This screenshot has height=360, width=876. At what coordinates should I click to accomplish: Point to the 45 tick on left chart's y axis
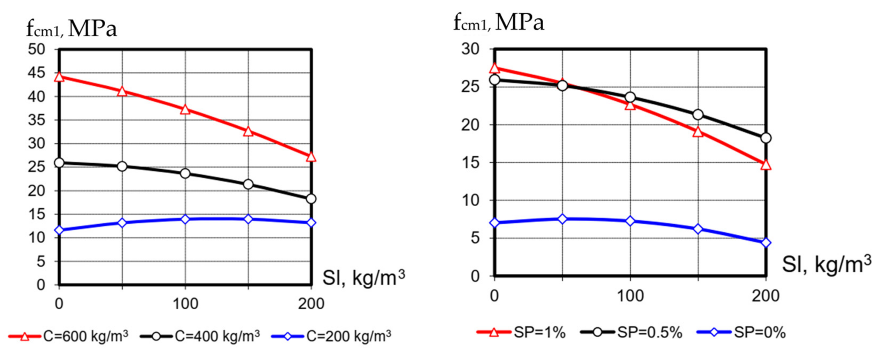[x=36, y=73]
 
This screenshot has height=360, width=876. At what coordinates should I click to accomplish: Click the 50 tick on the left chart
[x=36, y=49]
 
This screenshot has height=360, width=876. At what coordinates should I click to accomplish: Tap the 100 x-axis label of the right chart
[x=630, y=296]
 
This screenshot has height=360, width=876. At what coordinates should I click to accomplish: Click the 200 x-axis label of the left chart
[x=311, y=303]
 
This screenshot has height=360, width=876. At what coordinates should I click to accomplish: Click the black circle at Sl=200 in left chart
[x=311, y=199]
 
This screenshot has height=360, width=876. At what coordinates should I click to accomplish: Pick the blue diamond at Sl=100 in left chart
[x=185, y=219]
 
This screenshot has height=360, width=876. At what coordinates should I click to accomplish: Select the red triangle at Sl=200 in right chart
[x=766, y=165]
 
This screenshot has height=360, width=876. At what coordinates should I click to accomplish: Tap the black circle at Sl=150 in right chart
[x=698, y=115]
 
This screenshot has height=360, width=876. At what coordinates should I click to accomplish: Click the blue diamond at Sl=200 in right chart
[x=766, y=243]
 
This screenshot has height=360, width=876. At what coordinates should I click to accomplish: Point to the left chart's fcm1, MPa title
[x=72, y=29]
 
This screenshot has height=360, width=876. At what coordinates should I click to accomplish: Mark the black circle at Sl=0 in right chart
[x=495, y=80]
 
